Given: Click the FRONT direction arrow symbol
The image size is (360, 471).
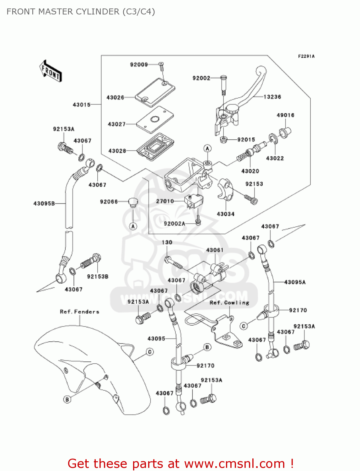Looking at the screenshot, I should [x=50, y=71].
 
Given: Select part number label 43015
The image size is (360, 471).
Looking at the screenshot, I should [x=82, y=105].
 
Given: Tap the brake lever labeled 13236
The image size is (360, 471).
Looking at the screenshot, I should [x=248, y=91].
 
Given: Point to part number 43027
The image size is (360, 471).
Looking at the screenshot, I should [x=116, y=124].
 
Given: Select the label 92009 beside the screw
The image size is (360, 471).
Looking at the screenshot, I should [x=139, y=65].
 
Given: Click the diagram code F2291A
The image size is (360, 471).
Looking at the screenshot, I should [x=306, y=56].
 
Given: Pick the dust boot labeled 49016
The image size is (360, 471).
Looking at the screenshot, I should [x=285, y=132].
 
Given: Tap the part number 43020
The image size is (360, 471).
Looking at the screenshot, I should [x=250, y=171].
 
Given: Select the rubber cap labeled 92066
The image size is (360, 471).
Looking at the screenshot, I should [x=133, y=202].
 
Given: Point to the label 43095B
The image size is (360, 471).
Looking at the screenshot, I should [x=44, y=203].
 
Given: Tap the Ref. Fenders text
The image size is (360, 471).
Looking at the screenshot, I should [x=79, y=311].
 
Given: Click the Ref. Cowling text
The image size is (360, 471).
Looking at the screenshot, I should [x=229, y=302].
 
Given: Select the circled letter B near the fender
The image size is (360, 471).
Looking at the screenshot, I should [x=67, y=399].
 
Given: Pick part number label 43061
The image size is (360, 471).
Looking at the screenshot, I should [x=215, y=250].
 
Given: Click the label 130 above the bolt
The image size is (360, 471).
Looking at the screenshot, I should [x=167, y=242].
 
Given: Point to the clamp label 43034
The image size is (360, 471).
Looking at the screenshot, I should [x=225, y=214].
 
